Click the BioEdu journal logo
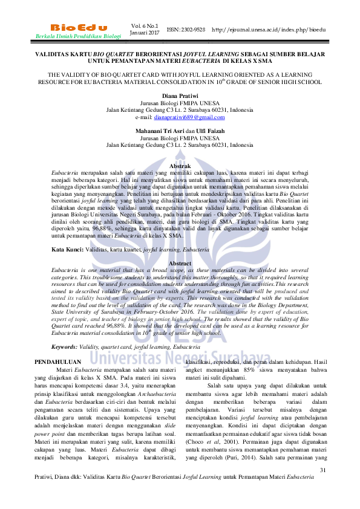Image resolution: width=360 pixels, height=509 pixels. click(x=79, y=28)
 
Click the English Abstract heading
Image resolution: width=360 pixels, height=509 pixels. click(x=180, y=264)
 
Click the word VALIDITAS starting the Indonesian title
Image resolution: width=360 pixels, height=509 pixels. click(x=53, y=54)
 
